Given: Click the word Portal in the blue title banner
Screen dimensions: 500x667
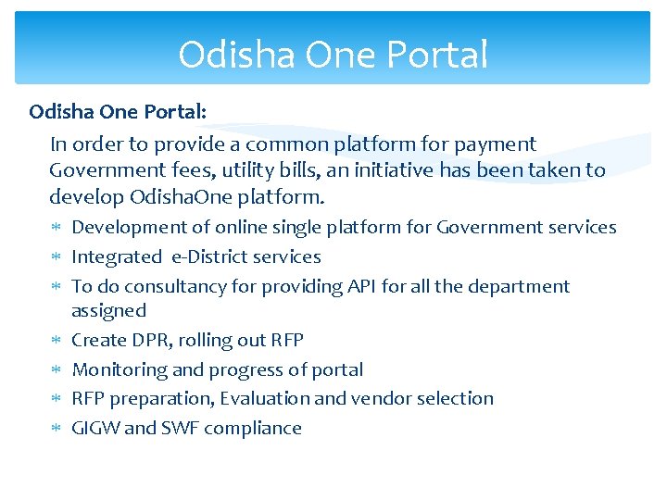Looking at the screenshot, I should pos(441,56).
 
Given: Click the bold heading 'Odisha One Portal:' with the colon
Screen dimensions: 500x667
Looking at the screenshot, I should pos(118,111).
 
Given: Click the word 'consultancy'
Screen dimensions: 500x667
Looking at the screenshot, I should pos(174,287).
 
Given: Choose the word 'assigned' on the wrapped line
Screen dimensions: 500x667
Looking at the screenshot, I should pos(108,311).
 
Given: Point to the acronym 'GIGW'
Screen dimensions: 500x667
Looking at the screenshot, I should pos(95,429).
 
